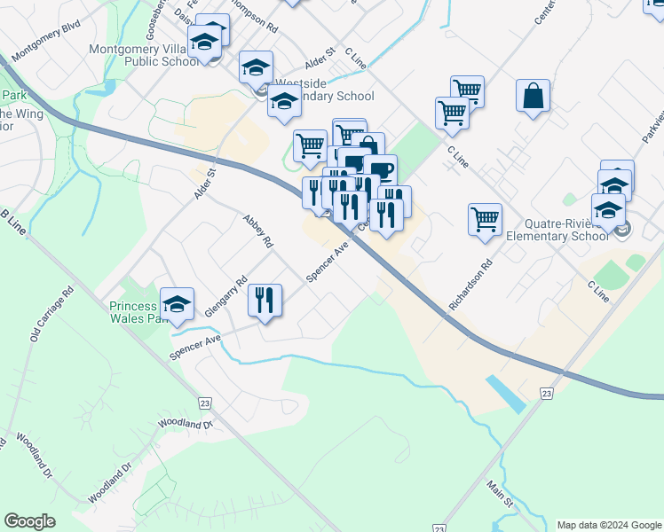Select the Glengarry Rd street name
click(x=225, y=297)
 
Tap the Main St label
click(x=500, y=493)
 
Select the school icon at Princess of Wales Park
click(x=177, y=304)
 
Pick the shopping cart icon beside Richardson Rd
click(x=485, y=219)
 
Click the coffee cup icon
click(x=380, y=170)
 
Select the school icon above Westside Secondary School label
click(x=256, y=67)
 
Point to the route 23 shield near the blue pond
click(x=546, y=393)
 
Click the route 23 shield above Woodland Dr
click(x=206, y=403)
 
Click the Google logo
click(x=29, y=521)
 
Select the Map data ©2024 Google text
click(x=608, y=525)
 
